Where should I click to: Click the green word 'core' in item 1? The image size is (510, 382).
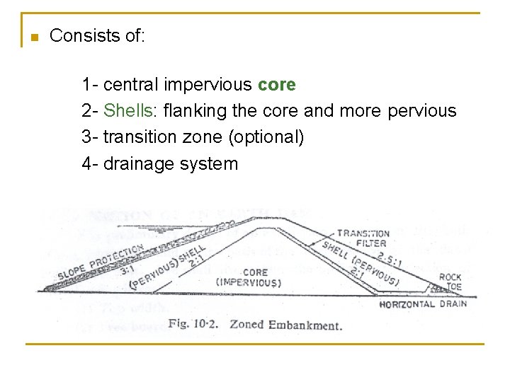point(277,85)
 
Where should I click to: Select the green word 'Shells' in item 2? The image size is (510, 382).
point(127,111)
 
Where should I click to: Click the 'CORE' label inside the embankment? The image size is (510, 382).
point(255,272)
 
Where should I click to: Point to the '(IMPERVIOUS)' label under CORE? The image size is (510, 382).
point(249,283)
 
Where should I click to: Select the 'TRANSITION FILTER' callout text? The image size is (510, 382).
point(363,238)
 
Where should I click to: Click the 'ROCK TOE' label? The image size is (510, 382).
point(450,282)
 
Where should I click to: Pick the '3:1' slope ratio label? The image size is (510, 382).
point(128,269)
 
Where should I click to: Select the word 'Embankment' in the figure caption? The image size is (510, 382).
point(309,325)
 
